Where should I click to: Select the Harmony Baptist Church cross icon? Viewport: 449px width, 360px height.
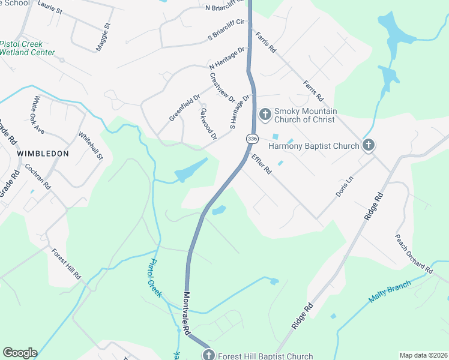coord(369,145)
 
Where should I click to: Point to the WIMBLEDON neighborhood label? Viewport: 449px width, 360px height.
coord(43,154)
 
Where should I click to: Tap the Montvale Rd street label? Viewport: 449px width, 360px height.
coord(186,313)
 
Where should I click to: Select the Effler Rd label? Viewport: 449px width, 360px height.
coord(262,164)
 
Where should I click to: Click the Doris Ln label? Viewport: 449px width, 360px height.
coord(343,187)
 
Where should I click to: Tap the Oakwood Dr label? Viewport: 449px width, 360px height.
coord(208,124)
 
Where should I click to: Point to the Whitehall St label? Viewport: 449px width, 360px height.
coord(91,146)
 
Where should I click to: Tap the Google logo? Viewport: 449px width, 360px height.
coord(20,353)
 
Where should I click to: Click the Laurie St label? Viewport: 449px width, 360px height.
coord(50,7)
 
